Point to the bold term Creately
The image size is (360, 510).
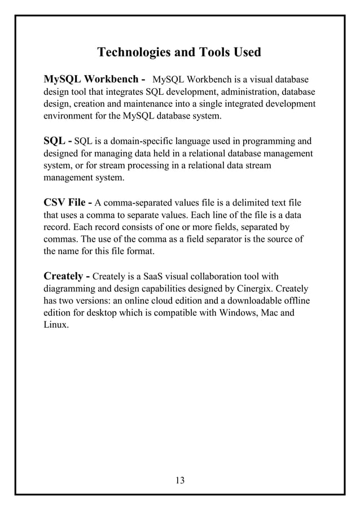coord(63,277)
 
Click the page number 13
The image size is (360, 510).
coord(180,481)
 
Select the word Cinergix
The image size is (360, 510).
coord(256,289)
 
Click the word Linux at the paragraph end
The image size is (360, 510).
coord(56,326)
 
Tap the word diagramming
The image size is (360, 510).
coord(71,289)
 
